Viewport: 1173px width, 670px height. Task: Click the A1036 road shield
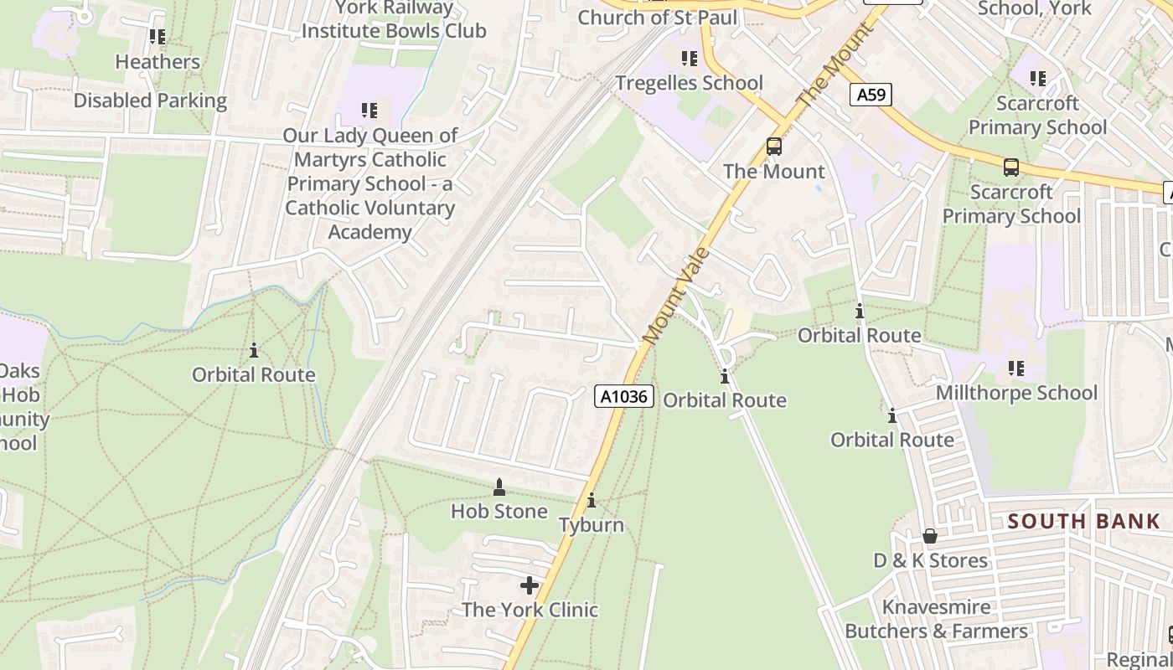(x=624, y=396)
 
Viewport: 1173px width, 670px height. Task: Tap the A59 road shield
(x=871, y=95)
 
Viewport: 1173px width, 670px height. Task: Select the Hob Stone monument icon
(x=499, y=487)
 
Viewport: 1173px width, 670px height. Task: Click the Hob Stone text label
(x=499, y=511)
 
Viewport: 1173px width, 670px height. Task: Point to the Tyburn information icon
(x=592, y=501)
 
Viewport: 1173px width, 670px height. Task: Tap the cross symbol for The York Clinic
(x=530, y=585)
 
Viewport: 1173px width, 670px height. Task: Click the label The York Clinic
(x=530, y=610)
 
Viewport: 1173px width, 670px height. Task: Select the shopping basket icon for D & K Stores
(x=930, y=536)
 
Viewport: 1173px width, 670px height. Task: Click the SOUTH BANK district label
(x=1083, y=522)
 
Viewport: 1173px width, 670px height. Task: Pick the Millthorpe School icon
(x=1016, y=368)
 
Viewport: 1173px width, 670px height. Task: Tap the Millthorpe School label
(x=1016, y=393)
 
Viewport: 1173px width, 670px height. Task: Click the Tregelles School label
(x=689, y=83)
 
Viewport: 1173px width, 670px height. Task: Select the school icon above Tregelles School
(x=689, y=59)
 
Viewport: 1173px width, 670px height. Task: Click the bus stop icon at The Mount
(x=774, y=147)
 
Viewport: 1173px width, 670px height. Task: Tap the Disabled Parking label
(x=150, y=100)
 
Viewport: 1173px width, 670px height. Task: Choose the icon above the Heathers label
(x=158, y=37)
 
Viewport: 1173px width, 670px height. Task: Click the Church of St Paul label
(x=658, y=18)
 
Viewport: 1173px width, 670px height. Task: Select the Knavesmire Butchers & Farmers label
(x=936, y=619)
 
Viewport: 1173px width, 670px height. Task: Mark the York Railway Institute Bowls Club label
(x=394, y=20)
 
